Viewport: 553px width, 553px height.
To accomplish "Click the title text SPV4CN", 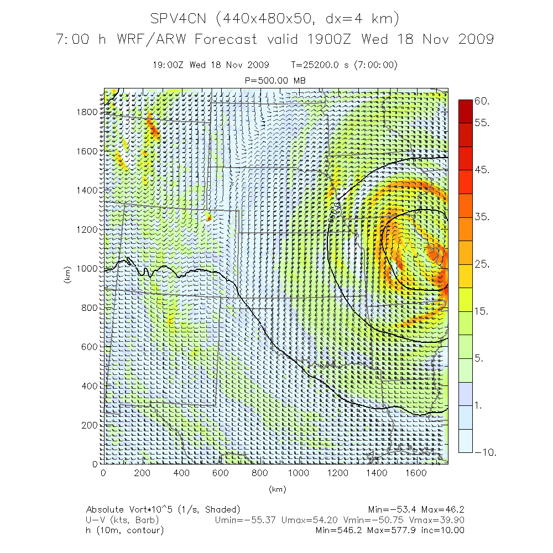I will [179, 19].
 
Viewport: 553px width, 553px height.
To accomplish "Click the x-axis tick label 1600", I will [416, 473].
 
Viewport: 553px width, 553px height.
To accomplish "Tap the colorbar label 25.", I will [482, 264].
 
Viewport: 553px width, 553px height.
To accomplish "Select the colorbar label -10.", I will [485, 452].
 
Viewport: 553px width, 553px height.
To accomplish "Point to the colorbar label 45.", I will [482, 170].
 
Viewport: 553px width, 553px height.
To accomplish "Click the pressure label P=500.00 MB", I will [275, 80].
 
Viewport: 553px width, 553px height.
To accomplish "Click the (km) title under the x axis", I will [276, 489].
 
